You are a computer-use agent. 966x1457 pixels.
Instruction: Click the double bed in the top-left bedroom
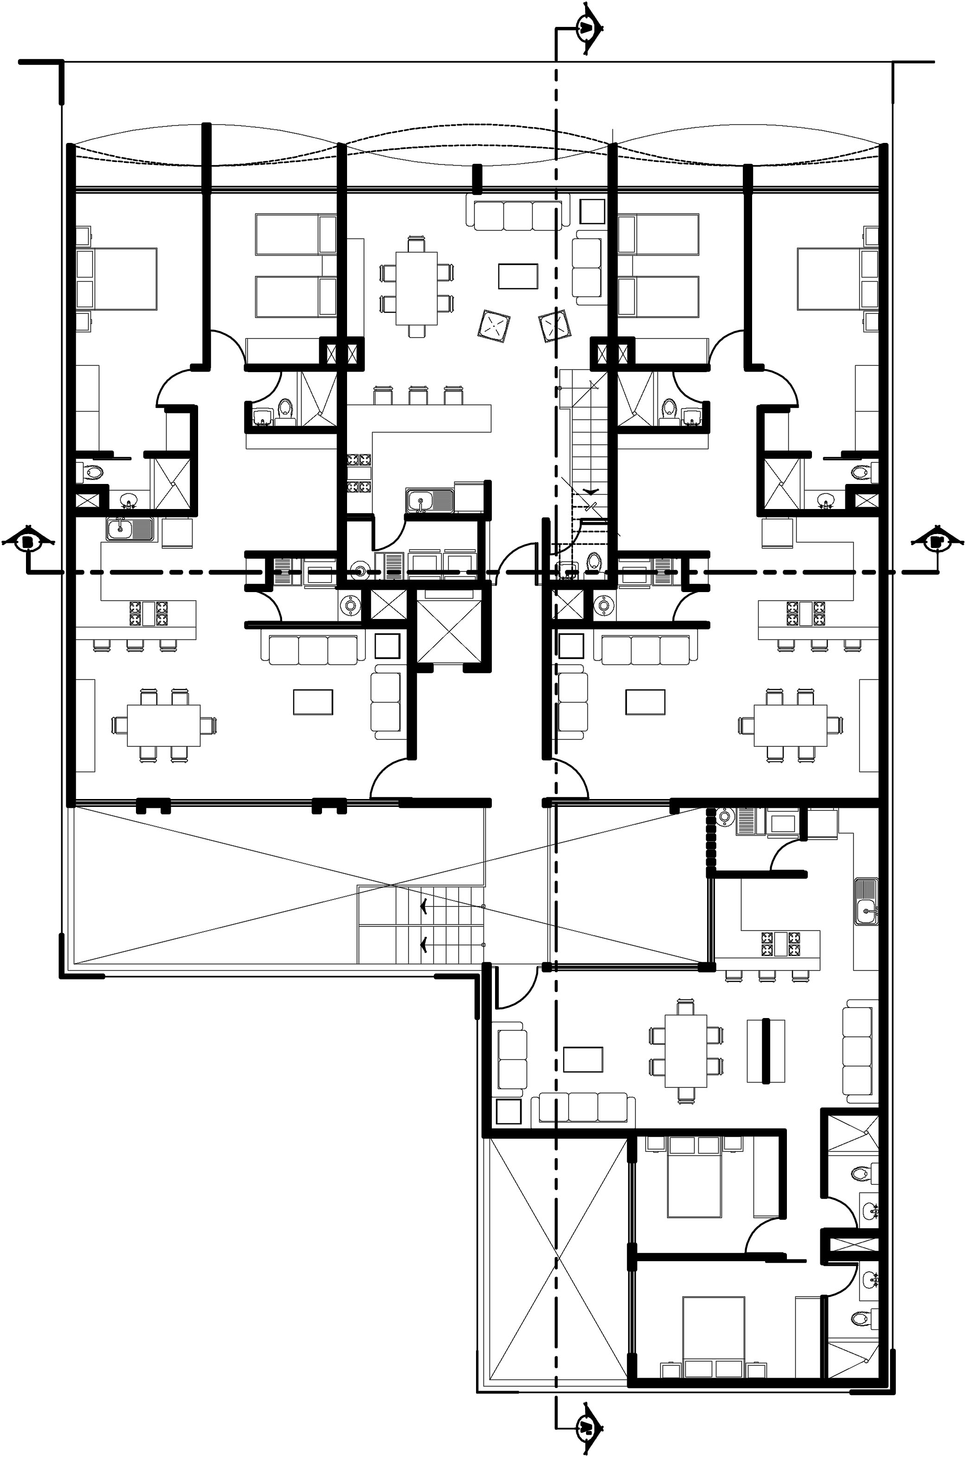[123, 278]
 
